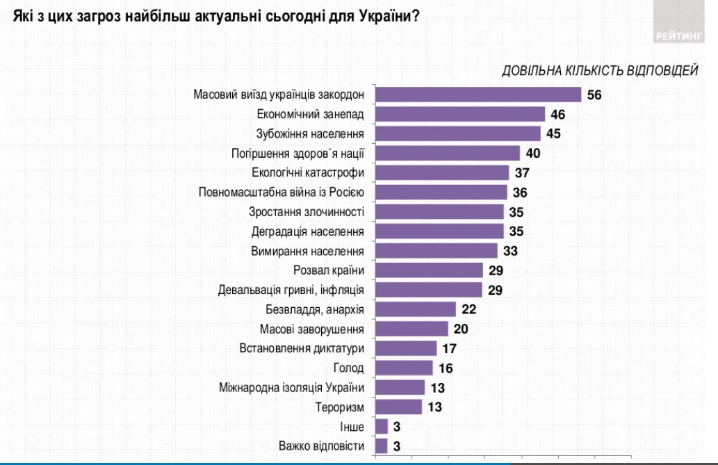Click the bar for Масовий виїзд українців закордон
[x=478, y=95]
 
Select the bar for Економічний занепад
[x=460, y=114]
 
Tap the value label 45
[x=554, y=133]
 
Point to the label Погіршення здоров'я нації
[x=297, y=153]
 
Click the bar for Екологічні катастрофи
[x=442, y=172]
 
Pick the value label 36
[x=521, y=192]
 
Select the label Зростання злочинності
[x=307, y=211]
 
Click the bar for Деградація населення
[x=439, y=231]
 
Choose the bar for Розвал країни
[x=429, y=270]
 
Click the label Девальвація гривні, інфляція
[x=292, y=289]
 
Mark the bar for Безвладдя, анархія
[x=416, y=309]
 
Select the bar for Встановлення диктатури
[x=406, y=348]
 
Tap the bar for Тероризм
[x=398, y=407]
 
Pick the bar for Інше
[x=382, y=426]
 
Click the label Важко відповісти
[x=321, y=446]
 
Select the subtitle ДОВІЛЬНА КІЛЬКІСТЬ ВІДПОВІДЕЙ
[x=599, y=71]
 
